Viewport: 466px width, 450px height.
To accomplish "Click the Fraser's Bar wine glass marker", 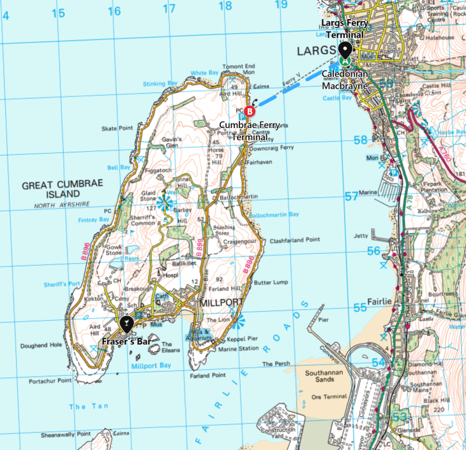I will [x=126, y=324].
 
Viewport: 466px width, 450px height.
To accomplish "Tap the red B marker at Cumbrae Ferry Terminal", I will [x=250, y=110].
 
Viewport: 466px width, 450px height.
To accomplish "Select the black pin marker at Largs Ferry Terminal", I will [x=345, y=50].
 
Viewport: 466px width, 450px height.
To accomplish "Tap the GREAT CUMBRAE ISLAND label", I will [x=61, y=189].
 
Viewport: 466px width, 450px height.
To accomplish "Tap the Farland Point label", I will [x=208, y=375].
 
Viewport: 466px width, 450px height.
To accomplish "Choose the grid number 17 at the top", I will [x=169, y=9].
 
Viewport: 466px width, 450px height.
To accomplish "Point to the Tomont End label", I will [x=239, y=66].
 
